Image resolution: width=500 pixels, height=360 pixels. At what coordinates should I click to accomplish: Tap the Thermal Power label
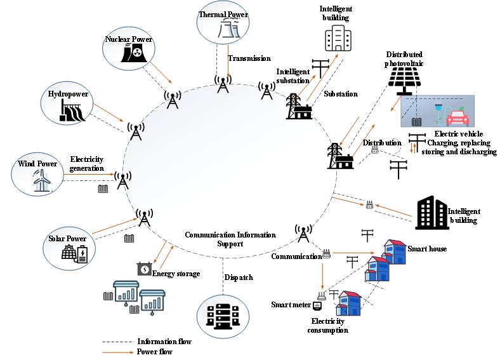tap(222, 13)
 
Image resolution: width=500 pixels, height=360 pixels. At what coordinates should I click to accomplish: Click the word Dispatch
tap(239, 277)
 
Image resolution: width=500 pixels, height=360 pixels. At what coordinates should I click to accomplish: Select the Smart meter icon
tap(318, 305)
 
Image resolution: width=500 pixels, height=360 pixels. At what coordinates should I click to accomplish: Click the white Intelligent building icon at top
tap(337, 38)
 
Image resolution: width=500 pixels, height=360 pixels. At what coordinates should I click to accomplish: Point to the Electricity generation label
tap(87, 163)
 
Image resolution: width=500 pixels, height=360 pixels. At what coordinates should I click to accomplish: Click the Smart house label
tap(427, 249)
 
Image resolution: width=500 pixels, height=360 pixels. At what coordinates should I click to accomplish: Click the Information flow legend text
tap(164, 342)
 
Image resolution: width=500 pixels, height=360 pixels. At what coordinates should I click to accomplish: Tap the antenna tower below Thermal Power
tap(223, 84)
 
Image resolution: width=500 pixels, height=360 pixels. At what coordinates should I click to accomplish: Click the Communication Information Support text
tap(230, 239)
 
